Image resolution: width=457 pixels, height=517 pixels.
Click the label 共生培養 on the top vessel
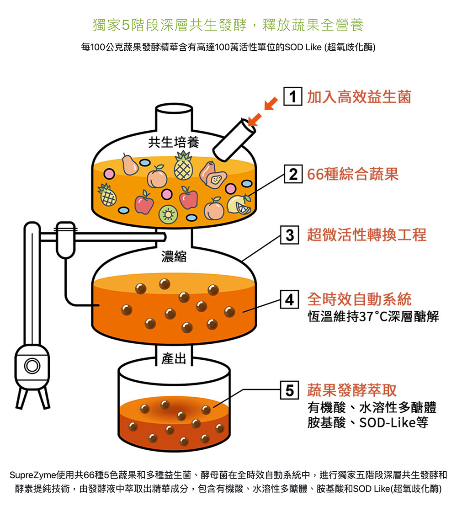coord(174,143)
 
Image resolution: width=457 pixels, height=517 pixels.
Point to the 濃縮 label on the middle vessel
coord(174,256)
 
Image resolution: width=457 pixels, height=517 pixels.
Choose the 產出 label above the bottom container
coord(174,359)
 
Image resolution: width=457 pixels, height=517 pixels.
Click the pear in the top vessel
coord(130,165)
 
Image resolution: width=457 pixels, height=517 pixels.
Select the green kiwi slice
coord(168,213)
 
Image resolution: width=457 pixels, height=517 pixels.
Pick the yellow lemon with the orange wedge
coord(239,204)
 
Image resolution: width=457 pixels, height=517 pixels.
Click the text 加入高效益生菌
coord(359,97)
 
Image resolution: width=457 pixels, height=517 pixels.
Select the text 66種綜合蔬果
coord(353,174)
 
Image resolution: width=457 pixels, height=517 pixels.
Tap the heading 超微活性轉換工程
coord(367,235)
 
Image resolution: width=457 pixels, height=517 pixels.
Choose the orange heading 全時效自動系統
coord(359,299)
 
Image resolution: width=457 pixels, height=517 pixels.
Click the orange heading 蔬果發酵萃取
coord(352,390)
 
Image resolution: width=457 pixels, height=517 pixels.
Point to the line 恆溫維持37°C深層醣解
coord(373,316)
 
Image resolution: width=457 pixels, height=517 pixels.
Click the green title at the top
coord(228,25)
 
